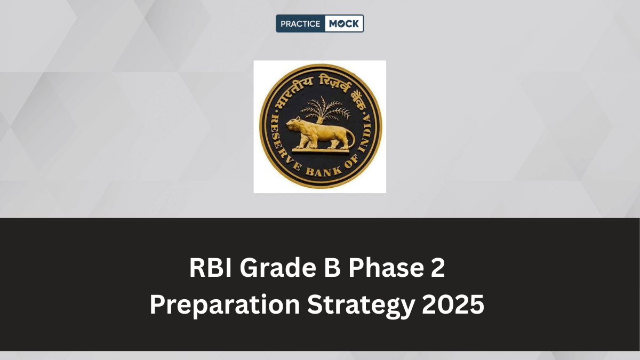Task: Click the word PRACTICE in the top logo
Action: coord(299,23)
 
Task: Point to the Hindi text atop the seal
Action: coord(320,82)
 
